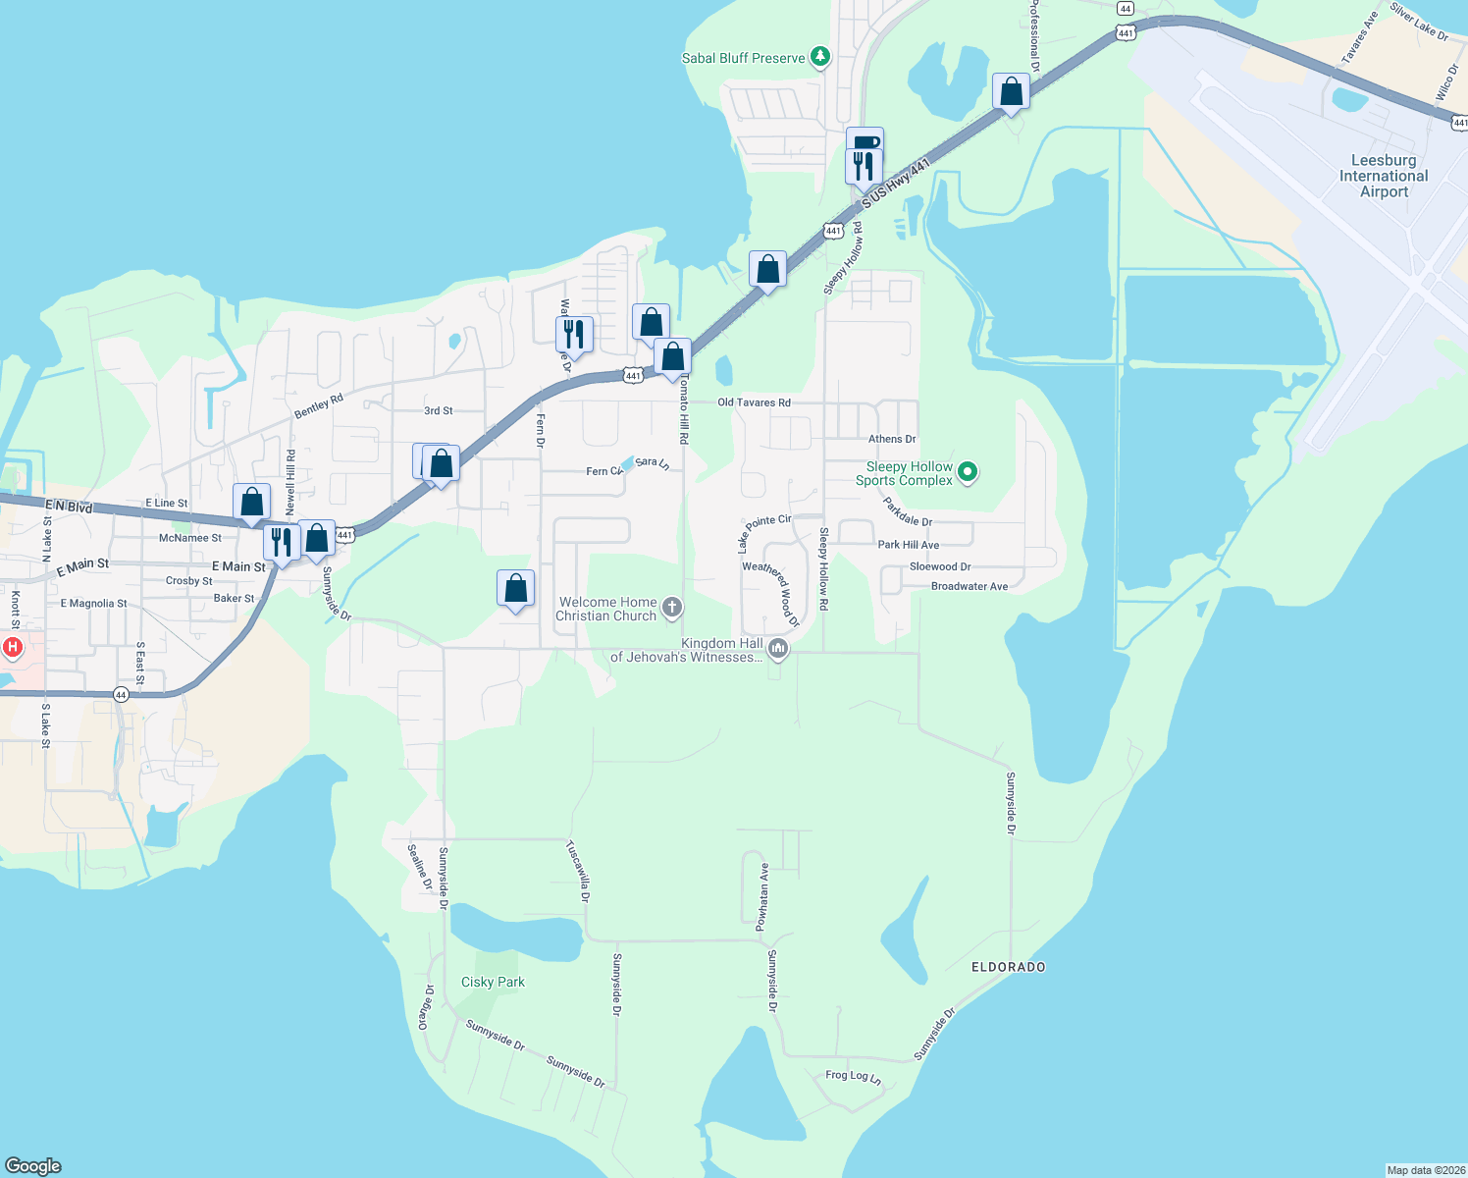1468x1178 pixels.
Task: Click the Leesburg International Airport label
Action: point(1384,176)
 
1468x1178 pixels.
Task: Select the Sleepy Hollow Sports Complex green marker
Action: point(968,473)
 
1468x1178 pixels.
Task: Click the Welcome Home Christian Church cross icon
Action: point(672,608)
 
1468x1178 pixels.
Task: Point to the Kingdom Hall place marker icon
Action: point(778,648)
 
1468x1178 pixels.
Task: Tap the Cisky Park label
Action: point(493,982)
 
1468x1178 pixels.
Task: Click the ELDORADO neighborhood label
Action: point(1008,967)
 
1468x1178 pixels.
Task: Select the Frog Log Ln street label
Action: point(853,1076)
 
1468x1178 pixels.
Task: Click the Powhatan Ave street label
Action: point(762,896)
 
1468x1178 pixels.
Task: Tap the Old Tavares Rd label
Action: point(754,402)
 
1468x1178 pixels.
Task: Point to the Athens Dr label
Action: point(892,439)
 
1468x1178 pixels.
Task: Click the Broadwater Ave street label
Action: point(969,586)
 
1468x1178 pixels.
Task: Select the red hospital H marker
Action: point(13,647)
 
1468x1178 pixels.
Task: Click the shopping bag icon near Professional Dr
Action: point(1011,92)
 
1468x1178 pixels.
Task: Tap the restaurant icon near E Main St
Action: point(282,541)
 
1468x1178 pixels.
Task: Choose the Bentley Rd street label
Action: point(319,406)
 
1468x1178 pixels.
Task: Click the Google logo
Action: point(33,1165)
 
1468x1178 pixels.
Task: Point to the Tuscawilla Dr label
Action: point(578,871)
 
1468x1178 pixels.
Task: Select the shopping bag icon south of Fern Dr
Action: point(516,588)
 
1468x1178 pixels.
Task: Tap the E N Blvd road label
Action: point(69,507)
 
